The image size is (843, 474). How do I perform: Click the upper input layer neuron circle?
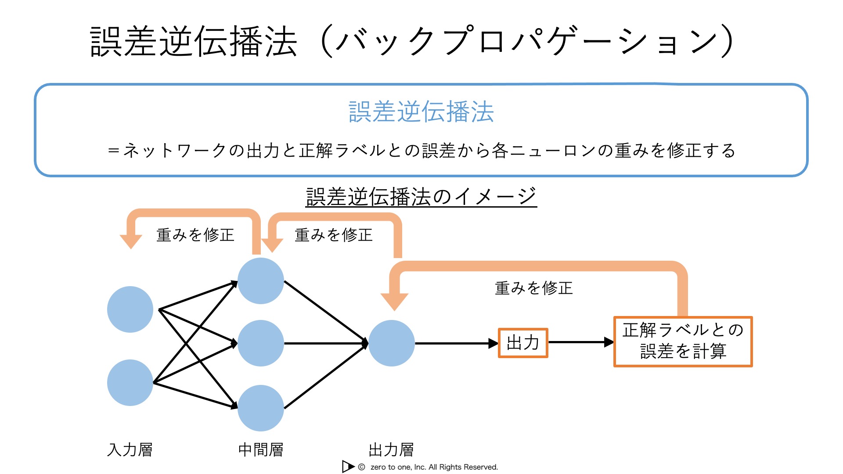point(130,309)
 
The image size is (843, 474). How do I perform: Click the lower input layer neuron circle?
point(130,383)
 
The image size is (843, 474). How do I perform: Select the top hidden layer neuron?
point(261,281)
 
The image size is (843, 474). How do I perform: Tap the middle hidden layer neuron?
point(261,343)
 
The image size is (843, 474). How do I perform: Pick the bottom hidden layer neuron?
point(261,408)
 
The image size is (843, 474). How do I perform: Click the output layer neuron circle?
point(392,343)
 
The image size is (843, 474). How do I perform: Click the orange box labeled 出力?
point(523,343)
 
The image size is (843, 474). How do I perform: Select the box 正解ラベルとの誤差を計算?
point(683,341)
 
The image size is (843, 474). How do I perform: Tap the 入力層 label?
point(130,450)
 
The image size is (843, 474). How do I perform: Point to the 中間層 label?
point(261,450)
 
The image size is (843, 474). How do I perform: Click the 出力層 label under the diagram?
point(391,450)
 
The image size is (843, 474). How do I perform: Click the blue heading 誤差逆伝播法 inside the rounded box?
point(421,111)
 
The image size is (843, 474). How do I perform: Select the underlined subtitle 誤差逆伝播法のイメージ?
point(421,196)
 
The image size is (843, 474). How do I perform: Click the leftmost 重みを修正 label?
point(195,235)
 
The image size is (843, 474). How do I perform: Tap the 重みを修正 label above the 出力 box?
point(534,288)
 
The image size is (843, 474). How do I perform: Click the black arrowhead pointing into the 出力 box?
point(494,343)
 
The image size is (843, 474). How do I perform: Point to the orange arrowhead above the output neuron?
point(394,302)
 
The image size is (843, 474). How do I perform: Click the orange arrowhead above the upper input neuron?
point(131,242)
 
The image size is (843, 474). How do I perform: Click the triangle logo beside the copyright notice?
point(348,467)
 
